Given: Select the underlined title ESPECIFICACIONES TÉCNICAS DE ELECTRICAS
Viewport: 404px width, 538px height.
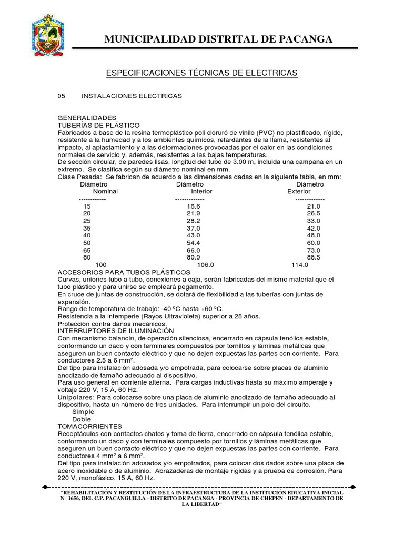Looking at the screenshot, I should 202,73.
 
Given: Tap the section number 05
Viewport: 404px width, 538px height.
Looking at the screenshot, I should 61,96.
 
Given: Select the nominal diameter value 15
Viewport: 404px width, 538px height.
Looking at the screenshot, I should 87,207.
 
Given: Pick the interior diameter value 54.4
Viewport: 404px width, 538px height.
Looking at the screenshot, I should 194,243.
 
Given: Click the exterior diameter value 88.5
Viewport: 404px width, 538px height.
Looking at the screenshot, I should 314,258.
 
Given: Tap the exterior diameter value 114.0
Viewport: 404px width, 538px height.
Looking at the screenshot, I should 299,265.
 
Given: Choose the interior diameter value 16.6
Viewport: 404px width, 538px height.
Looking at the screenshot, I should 194,207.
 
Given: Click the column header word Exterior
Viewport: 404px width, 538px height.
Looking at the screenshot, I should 299,192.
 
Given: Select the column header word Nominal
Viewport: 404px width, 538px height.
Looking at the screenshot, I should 105,192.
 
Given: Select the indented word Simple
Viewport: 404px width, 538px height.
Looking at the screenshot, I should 83,412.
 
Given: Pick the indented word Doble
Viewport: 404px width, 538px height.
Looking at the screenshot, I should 82,419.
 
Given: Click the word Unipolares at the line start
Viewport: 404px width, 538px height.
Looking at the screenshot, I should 75,397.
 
